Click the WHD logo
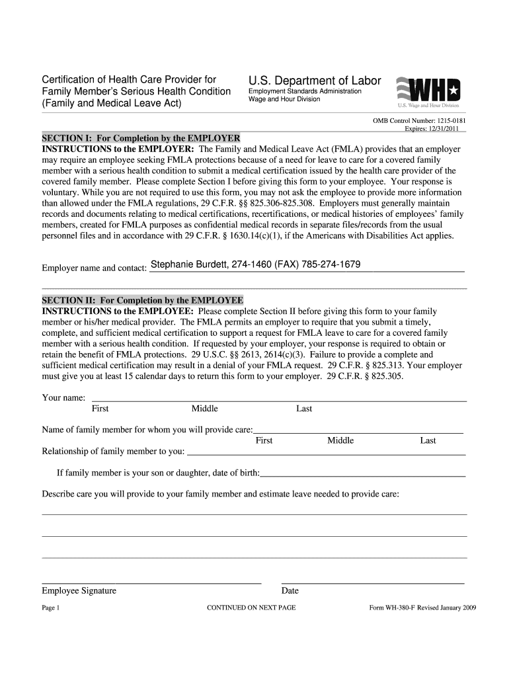pos(428,90)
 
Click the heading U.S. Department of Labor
pos(315,81)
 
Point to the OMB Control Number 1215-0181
pos(420,122)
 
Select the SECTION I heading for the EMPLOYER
pos(141,138)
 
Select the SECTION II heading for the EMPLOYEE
pos(142,299)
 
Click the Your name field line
pos(278,400)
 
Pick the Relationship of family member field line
pos(327,454)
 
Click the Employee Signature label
pos(79,590)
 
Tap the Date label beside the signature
pos(290,590)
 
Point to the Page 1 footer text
pos(51,608)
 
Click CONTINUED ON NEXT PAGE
pos(251,608)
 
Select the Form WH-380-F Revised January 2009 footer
pos(422,608)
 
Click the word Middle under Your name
pos(204,409)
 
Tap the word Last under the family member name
pos(428,440)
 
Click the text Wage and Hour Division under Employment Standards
pos(284,99)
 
